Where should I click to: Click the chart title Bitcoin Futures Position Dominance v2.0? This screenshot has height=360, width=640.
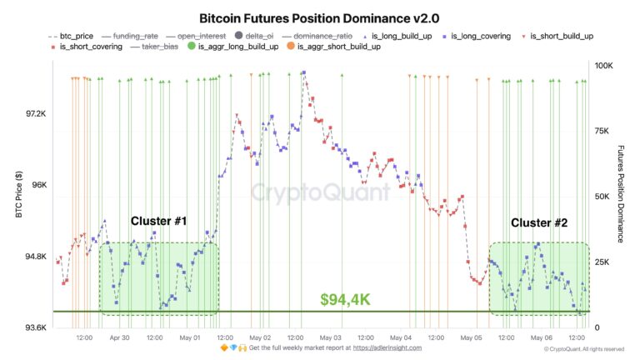pos(319,17)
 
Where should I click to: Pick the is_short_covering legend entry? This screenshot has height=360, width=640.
pos(88,47)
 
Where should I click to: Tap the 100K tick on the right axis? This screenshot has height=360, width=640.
pos(602,65)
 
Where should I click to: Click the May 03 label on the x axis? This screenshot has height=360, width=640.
pos(331,338)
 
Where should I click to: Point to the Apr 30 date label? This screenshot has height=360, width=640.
pos(119,338)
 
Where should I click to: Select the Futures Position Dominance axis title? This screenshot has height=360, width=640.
pos(621,195)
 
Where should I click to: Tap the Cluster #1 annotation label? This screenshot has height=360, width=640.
pos(158,222)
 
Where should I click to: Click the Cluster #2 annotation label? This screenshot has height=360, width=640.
pos(539,222)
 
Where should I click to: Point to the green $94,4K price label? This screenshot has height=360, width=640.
pos(345,298)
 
